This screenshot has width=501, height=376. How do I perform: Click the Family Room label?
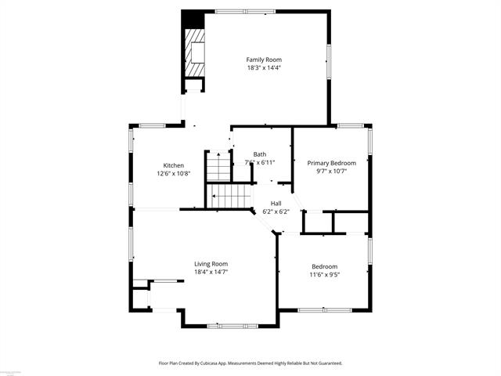[x=264, y=60]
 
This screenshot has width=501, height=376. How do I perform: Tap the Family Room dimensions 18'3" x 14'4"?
[x=264, y=67]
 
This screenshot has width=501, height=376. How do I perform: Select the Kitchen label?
[x=173, y=165]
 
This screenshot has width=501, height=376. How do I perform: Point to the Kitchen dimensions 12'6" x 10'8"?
[x=173, y=173]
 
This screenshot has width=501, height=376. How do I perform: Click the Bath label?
[x=260, y=154]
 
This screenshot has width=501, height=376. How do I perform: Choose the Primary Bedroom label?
[x=330, y=163]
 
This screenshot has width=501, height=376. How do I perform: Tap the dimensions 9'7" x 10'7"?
[x=330, y=171]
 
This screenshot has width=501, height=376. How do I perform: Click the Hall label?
[x=276, y=203]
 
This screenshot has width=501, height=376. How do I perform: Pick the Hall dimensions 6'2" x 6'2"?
[x=276, y=211]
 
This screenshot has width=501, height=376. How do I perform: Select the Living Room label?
[x=211, y=264]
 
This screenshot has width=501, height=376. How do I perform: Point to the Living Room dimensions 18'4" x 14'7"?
[x=211, y=273]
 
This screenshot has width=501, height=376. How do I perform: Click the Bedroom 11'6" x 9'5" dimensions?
[x=325, y=274]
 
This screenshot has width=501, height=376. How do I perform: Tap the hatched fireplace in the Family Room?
[x=196, y=52]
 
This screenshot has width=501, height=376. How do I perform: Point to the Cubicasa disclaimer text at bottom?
[x=250, y=363]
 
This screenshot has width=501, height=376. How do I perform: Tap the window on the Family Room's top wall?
[x=240, y=12]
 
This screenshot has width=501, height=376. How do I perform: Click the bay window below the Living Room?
[x=230, y=325]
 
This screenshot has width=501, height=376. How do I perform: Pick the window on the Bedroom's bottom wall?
[x=324, y=310]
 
